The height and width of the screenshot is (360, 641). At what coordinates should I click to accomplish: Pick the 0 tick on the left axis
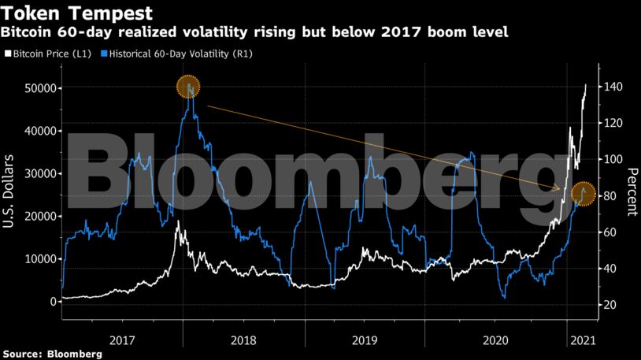52,302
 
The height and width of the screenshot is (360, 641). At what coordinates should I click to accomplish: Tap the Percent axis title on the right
631,191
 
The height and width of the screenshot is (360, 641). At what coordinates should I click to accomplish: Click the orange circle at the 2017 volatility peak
188,87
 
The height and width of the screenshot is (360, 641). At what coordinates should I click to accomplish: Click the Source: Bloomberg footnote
52,354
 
